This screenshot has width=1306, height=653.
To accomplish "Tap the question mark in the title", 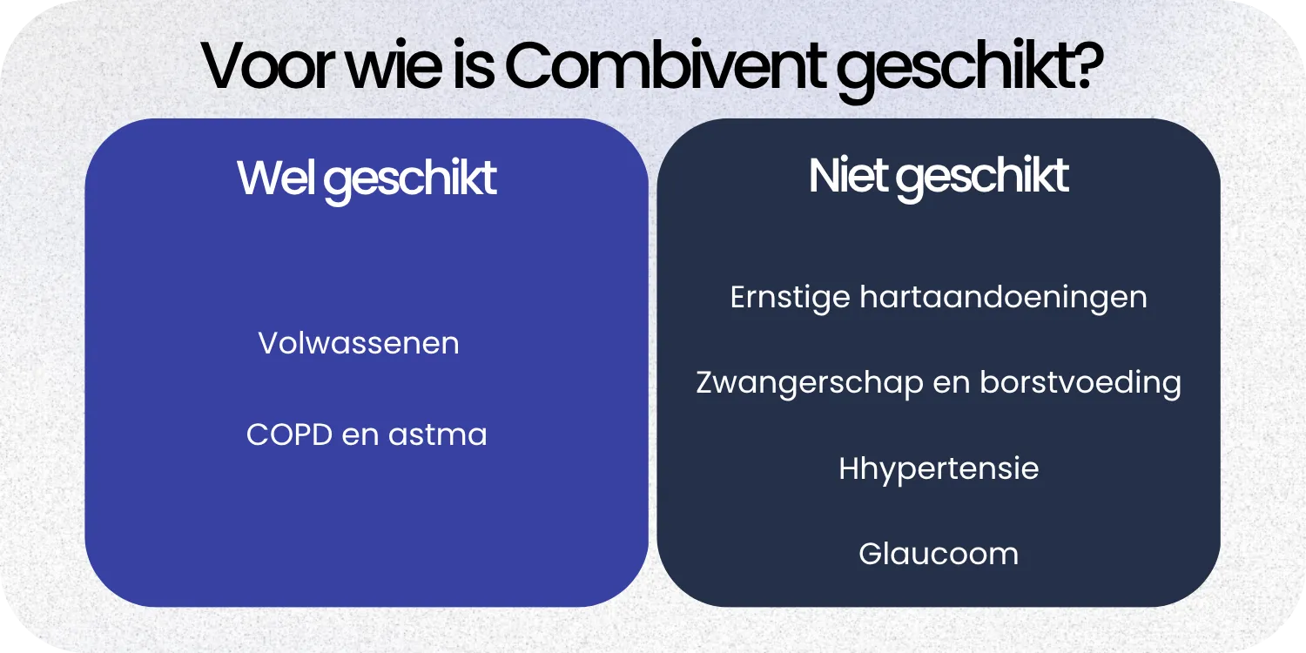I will tap(1084, 65).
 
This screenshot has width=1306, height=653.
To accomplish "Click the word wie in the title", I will tap(390, 65).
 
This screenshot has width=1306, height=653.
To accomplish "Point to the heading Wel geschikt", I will tap(367, 178).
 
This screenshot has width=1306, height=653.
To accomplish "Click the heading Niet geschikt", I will tap(939, 177).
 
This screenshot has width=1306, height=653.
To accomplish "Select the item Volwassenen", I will tap(359, 343).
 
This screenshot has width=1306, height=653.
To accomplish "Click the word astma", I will tap(438, 434).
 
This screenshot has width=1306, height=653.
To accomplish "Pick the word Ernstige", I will tap(790, 298).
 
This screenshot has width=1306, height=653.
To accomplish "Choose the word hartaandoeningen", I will tap(1003, 298).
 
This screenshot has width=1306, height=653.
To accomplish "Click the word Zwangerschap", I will tap(809, 383).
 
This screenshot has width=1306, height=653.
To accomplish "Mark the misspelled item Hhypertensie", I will tap(939, 469).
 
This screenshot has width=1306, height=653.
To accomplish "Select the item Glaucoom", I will tap(939, 554).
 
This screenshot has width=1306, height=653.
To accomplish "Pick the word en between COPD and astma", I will tap(361, 434).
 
